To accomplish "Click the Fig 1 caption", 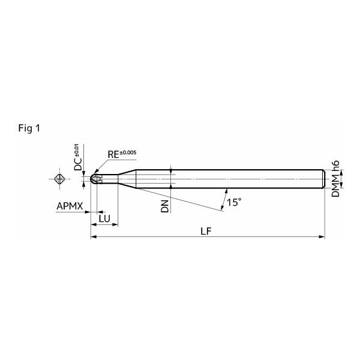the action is click(x=29, y=128).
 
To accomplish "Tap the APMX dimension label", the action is click(x=70, y=206).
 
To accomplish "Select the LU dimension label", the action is click(x=104, y=219).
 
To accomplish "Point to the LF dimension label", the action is click(x=206, y=232).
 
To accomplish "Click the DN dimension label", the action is click(x=165, y=206).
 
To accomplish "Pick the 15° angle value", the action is click(x=234, y=203).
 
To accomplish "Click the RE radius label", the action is click(x=113, y=155).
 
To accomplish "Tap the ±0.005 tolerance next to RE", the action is click(x=128, y=152).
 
